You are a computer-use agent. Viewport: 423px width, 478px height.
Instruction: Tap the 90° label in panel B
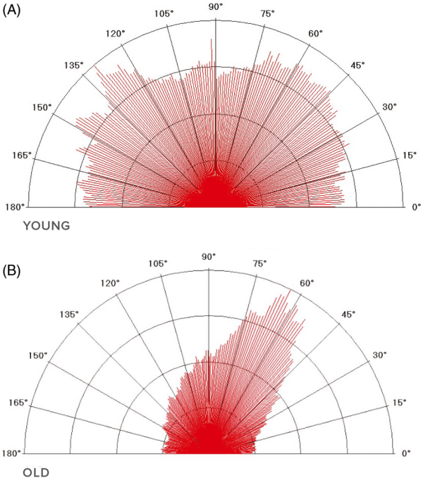tap(209, 257)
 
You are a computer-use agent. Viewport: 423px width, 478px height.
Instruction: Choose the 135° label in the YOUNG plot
tap(73, 65)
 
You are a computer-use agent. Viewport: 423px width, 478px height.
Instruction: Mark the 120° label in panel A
tap(115, 33)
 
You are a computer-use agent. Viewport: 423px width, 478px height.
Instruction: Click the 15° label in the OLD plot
tap(400, 403)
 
